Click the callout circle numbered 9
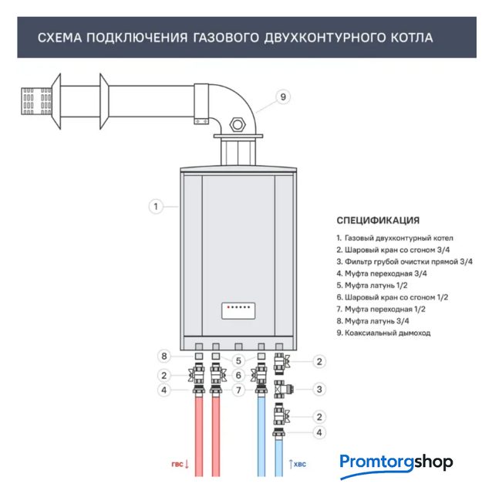click(283, 96)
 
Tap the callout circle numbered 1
click(156, 207)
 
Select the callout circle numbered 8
click(164, 356)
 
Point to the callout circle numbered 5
click(238, 360)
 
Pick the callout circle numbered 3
click(319, 389)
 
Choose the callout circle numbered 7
click(238, 390)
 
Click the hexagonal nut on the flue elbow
click(238, 125)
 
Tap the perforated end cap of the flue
click(36, 101)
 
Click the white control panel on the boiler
click(238, 310)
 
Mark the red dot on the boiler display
click(228, 307)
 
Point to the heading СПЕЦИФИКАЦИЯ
click(378, 220)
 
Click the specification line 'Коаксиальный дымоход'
click(383, 333)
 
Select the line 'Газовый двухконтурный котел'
click(395, 238)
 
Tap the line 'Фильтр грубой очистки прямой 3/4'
click(405, 262)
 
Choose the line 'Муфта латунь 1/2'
click(372, 285)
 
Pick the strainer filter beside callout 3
click(283, 389)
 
